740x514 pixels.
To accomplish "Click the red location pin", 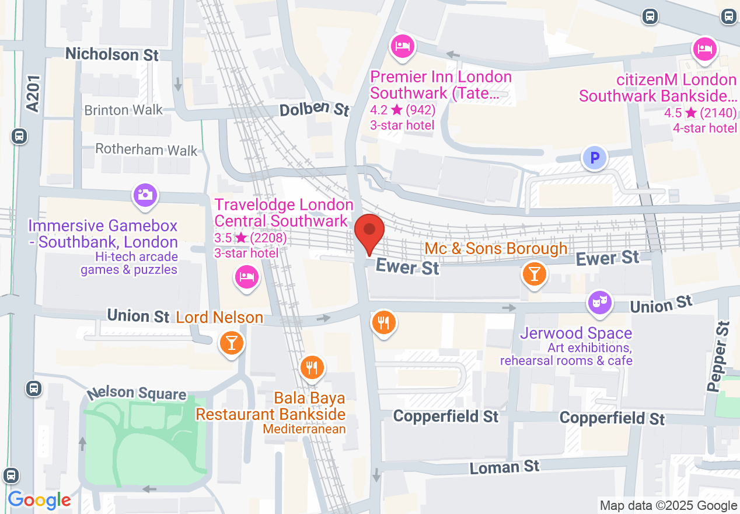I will coord(369,233).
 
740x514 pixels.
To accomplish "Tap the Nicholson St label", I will coord(112,54).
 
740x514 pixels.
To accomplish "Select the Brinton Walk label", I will coord(123,110).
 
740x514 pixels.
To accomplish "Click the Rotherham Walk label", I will coord(146,150).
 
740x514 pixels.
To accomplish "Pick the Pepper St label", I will coord(717,356).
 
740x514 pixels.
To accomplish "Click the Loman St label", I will coord(505,467).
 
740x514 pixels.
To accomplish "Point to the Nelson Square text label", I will coord(136,394).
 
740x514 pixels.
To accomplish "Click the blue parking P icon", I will coord(594,158).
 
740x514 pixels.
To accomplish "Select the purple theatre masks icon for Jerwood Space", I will coord(599,303).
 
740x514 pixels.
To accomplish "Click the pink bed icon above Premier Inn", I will coord(402,46).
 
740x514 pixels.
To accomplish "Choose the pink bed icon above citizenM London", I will coord(704,48).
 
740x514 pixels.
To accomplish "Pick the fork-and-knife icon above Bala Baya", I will coord(312,367).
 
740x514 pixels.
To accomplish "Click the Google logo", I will coord(39,500).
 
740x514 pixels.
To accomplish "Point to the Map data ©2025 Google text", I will coord(668,506).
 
